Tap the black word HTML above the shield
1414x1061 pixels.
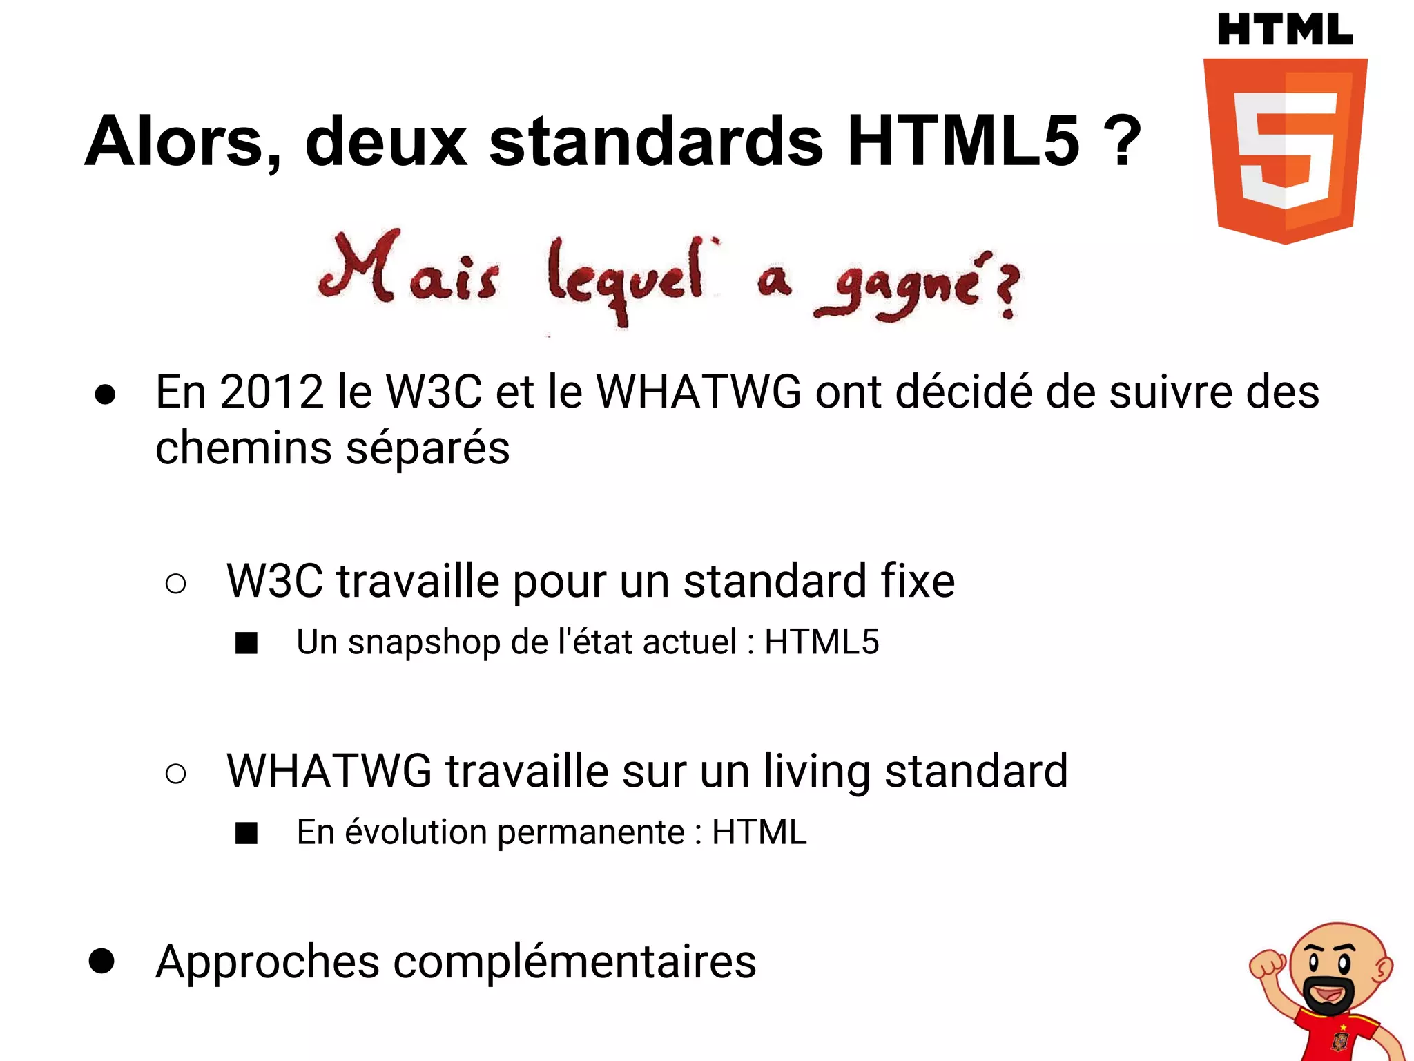(1285, 31)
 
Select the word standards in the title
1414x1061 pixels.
(656, 142)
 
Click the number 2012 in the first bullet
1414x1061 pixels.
(272, 392)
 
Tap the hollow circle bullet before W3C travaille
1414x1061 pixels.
(176, 584)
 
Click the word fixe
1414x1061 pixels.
(918, 581)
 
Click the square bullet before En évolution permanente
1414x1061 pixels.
(246, 833)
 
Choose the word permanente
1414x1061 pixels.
(591, 832)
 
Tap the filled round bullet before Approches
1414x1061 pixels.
(102, 961)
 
